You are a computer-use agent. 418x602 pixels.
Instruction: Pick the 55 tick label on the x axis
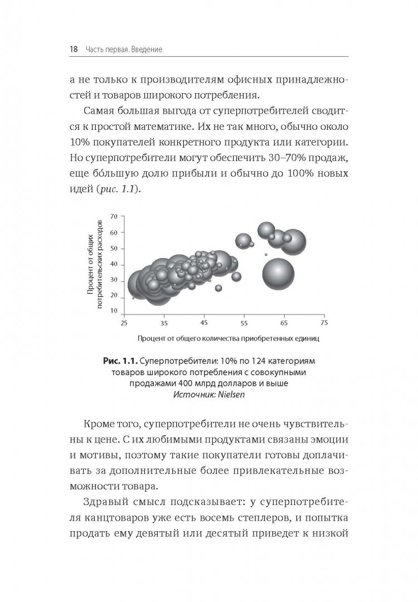(x=244, y=323)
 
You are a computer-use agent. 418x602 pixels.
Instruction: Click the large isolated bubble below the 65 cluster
(x=278, y=274)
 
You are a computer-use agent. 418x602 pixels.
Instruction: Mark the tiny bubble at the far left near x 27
(x=133, y=298)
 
